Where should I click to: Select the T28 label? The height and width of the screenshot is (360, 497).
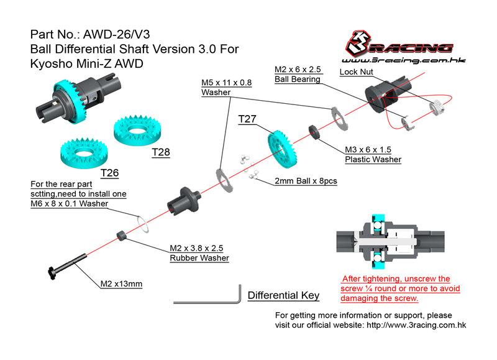click(160, 151)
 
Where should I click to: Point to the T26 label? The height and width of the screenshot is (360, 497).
click(110, 172)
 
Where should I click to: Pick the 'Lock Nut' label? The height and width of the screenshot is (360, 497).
click(356, 72)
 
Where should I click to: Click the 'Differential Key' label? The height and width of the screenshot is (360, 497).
click(283, 295)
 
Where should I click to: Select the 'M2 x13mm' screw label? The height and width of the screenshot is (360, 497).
click(122, 284)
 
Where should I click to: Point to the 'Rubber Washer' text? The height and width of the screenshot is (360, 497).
click(199, 258)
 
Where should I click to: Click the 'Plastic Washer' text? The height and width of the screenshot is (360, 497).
click(373, 160)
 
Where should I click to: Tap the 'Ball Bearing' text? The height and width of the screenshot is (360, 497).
click(298, 79)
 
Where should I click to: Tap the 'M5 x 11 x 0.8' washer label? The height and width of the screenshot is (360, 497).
click(226, 83)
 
